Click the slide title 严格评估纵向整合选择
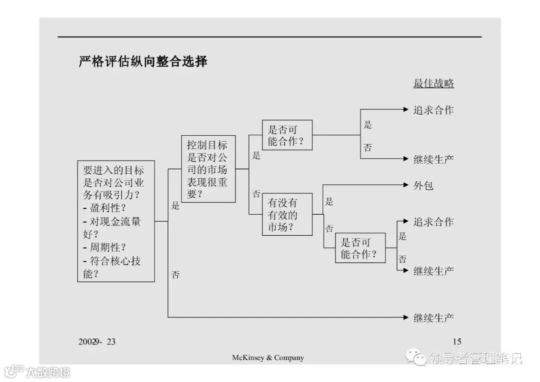point(143,62)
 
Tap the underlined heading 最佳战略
point(433,84)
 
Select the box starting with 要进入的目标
point(116,221)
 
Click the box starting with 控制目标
point(207,169)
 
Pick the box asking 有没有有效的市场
point(287,214)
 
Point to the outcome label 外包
point(423,186)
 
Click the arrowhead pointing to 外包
point(406,185)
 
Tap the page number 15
point(456,341)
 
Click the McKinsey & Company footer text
point(267,357)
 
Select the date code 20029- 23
point(97,341)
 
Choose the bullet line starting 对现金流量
point(111,221)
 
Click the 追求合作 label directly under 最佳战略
point(433,110)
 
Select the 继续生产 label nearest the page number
point(433,317)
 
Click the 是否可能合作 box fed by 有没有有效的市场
point(360,248)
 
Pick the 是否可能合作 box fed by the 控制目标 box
point(287,135)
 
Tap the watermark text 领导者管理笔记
point(475,358)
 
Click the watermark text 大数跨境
point(48,372)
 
